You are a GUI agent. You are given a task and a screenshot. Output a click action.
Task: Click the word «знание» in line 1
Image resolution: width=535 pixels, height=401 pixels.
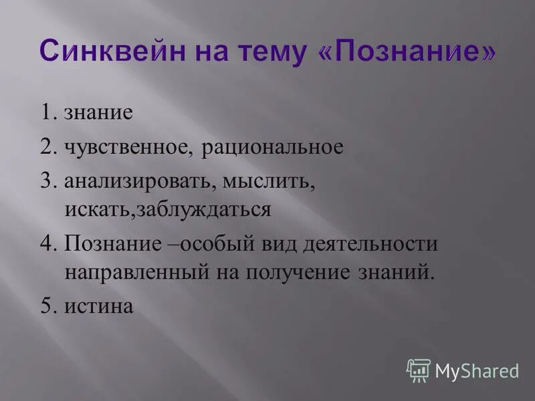[99, 112]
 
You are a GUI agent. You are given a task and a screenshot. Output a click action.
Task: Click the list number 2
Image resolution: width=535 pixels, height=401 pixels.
[48, 147]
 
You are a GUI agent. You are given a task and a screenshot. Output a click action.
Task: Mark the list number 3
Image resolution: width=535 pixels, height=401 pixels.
[48, 182]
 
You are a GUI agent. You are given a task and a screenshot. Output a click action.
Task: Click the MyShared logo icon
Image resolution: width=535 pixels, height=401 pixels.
[419, 370]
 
